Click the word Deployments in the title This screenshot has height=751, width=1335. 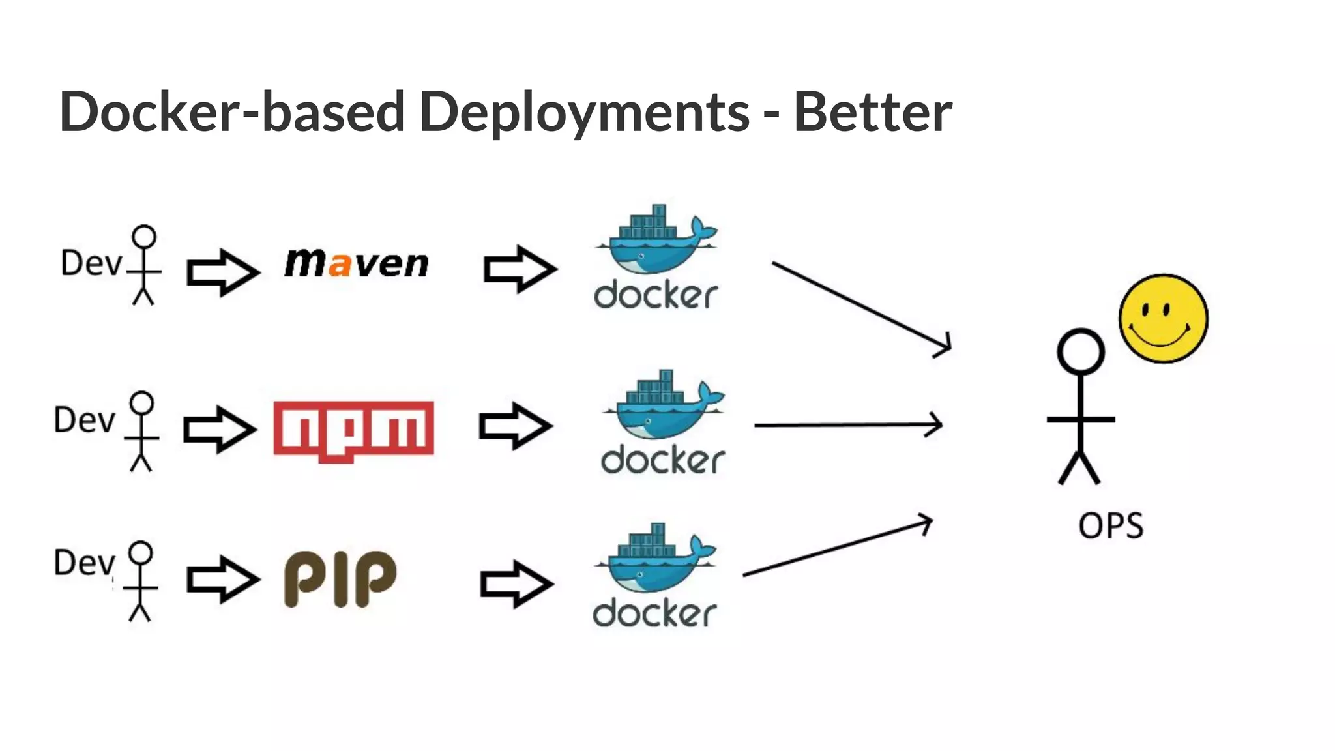click(x=584, y=112)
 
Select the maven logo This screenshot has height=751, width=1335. click(x=357, y=263)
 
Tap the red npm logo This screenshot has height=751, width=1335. click(x=353, y=430)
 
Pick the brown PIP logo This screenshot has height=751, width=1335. click(x=340, y=578)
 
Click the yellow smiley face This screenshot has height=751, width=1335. click(x=1163, y=318)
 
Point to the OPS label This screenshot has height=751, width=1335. click(x=1110, y=525)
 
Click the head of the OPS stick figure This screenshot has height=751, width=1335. click(x=1080, y=351)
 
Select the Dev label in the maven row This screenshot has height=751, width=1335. click(x=91, y=263)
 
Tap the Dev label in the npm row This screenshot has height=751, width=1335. click(x=84, y=420)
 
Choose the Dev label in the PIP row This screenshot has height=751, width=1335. click(x=84, y=562)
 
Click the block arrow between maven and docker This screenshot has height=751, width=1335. click(x=520, y=269)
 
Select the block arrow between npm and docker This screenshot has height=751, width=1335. click(x=515, y=426)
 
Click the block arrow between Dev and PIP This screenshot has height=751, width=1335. click(x=222, y=579)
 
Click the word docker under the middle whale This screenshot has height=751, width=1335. click(x=662, y=460)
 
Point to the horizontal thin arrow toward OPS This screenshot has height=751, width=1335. click(x=847, y=425)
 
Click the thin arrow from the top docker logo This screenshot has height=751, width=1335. click(x=860, y=306)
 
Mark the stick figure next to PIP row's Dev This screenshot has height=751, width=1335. click(x=141, y=580)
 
